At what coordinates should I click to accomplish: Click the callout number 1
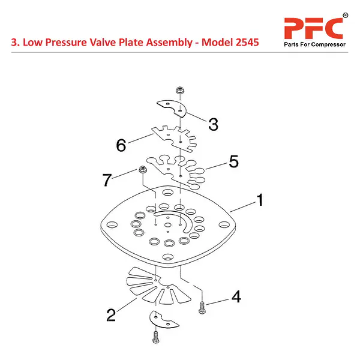(x=260, y=200)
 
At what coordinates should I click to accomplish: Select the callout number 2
(x=111, y=315)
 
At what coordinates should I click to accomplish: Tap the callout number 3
(x=213, y=124)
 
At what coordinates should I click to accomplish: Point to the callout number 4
(x=236, y=296)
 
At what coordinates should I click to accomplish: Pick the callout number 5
(x=234, y=161)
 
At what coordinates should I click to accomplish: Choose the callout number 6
(x=121, y=145)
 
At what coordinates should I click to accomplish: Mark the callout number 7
(x=107, y=179)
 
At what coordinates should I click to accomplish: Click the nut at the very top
(x=180, y=90)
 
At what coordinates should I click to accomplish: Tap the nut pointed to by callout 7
(x=143, y=170)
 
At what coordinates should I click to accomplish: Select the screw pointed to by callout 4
(x=202, y=307)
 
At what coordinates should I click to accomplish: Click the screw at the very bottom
(x=156, y=337)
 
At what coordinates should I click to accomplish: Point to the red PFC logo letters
(x=313, y=28)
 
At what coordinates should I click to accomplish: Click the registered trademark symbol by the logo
(x=346, y=16)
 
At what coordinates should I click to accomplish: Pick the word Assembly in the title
(x=169, y=43)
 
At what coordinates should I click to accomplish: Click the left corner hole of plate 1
(x=112, y=224)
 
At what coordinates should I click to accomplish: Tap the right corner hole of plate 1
(x=224, y=224)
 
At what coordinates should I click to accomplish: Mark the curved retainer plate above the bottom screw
(x=163, y=320)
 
